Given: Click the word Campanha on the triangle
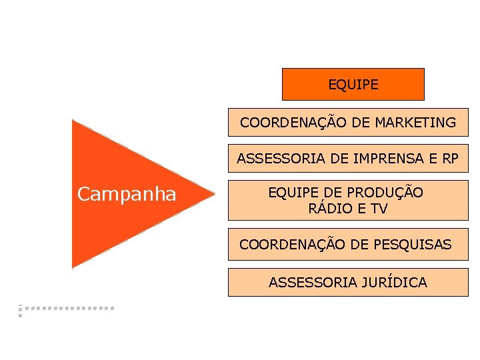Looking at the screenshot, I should point(127,194).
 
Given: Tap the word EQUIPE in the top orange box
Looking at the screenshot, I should point(353,85).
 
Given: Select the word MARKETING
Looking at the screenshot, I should point(415,123).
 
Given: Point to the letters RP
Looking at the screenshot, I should point(450,159).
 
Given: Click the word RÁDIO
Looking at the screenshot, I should point(329,209).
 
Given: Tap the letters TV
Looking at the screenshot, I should point(378,209).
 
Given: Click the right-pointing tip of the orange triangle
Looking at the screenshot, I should point(215,195).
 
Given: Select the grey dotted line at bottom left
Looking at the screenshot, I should point(67,309).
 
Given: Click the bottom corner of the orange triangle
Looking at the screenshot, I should point(73,267).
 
